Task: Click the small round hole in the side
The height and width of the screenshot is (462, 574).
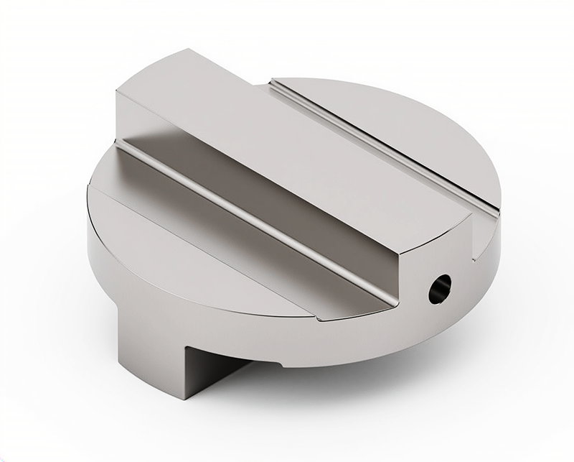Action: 440,288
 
